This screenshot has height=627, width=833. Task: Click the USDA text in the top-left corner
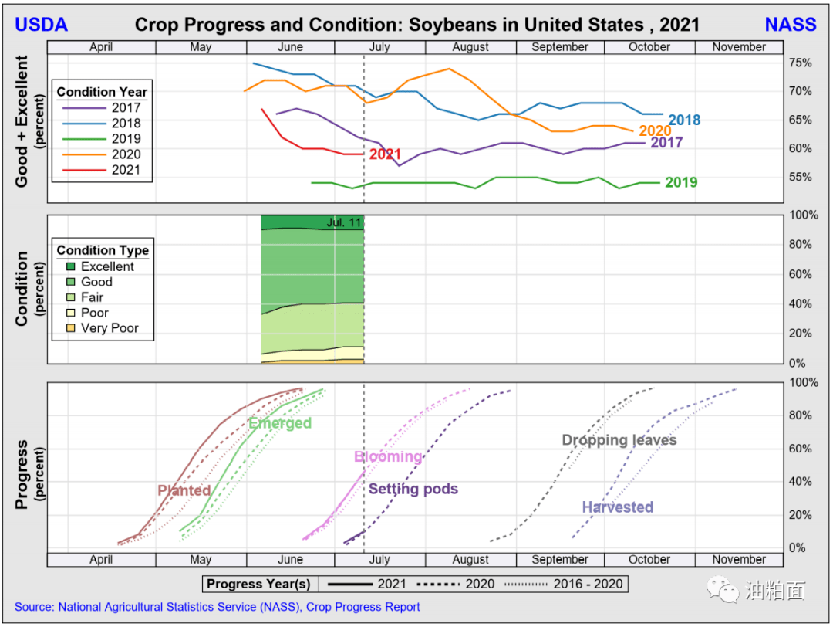coord(42,25)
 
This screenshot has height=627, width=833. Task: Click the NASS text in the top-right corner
coord(791,25)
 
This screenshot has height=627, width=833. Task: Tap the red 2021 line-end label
coord(385,154)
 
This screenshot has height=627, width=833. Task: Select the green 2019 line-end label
coord(681,183)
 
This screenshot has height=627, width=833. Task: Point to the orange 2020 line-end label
coord(653,131)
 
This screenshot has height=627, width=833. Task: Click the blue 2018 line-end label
coord(684,120)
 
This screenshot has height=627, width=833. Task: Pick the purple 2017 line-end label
coord(666,143)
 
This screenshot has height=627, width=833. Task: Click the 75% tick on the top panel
coord(801,63)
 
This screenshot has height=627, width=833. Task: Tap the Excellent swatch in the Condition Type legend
coord(69,267)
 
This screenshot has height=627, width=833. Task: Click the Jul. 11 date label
coord(343,223)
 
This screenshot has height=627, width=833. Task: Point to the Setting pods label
coord(413,489)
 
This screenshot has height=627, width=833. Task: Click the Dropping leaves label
coord(619,440)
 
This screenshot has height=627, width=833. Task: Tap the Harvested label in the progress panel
coord(617,507)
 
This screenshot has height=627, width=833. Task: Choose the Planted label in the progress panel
coord(184,490)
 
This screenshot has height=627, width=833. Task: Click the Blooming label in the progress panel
coord(388,456)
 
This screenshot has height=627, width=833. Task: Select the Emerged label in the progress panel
coord(280,423)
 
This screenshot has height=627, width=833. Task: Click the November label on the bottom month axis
coord(739,560)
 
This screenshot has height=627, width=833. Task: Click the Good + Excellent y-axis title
coord(22,120)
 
